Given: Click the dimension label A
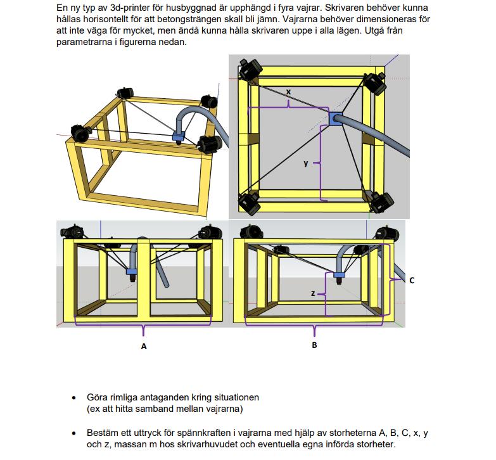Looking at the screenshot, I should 144,346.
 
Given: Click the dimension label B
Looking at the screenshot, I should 314,345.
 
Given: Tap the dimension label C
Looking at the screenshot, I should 412,279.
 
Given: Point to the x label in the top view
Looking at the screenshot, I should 288,93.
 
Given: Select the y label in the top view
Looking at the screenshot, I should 305,163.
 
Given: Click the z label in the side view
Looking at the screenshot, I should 313,294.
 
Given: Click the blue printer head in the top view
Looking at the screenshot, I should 335,118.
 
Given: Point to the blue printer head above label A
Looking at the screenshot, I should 132,272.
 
